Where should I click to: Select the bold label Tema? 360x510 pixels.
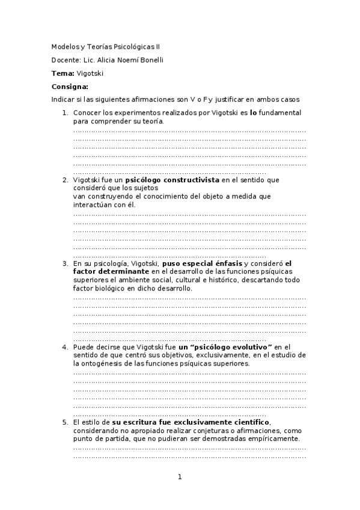[63, 73]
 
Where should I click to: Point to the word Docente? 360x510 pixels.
[66, 60]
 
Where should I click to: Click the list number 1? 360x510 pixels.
[65, 112]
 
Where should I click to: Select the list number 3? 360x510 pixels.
[65, 263]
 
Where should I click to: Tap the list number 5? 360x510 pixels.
[65, 422]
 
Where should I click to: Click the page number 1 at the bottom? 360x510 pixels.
[179, 478]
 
